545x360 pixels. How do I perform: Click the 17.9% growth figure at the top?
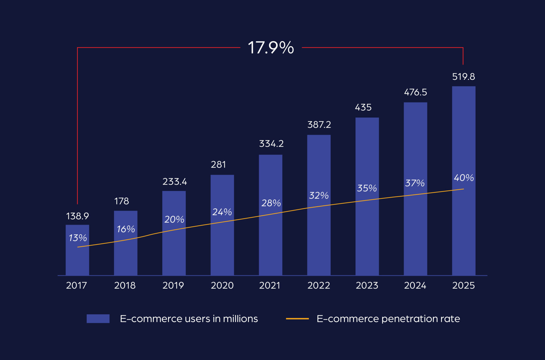click(271, 47)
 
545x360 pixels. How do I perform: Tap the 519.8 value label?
click(463, 77)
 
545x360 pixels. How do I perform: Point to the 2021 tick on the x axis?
click(270, 285)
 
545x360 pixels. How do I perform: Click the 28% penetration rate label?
click(271, 203)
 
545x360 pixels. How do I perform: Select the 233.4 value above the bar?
click(175, 182)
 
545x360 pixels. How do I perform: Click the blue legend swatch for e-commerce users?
click(98, 319)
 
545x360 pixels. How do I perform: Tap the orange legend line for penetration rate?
click(297, 319)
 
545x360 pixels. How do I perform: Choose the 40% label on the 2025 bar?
click(464, 178)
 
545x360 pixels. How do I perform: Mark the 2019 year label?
click(173, 285)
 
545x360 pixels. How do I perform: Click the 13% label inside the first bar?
click(77, 238)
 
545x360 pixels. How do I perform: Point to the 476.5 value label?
click(415, 92)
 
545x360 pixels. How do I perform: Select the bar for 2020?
click(222, 244)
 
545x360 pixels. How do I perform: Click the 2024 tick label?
click(415, 285)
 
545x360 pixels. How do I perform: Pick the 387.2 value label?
click(319, 125)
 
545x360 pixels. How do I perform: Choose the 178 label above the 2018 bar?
click(121, 201)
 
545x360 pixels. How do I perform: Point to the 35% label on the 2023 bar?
click(367, 188)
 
